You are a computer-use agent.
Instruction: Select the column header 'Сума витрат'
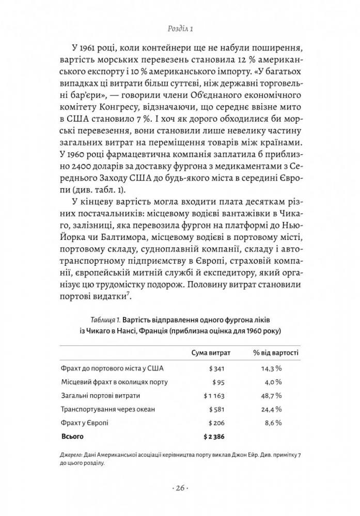click(211, 352)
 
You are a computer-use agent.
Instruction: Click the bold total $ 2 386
click(216, 436)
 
